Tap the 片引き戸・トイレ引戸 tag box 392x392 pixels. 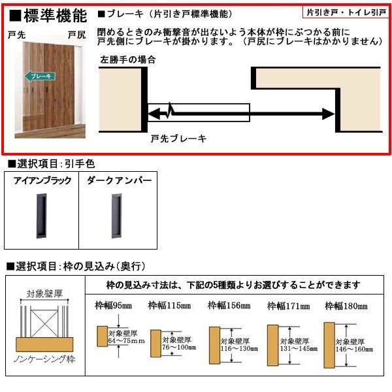click(347, 12)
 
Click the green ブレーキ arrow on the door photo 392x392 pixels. click(40, 74)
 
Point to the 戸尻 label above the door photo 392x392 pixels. click(76, 36)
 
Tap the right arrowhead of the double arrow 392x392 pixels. click(327, 114)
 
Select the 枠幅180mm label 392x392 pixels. click(346, 305)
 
